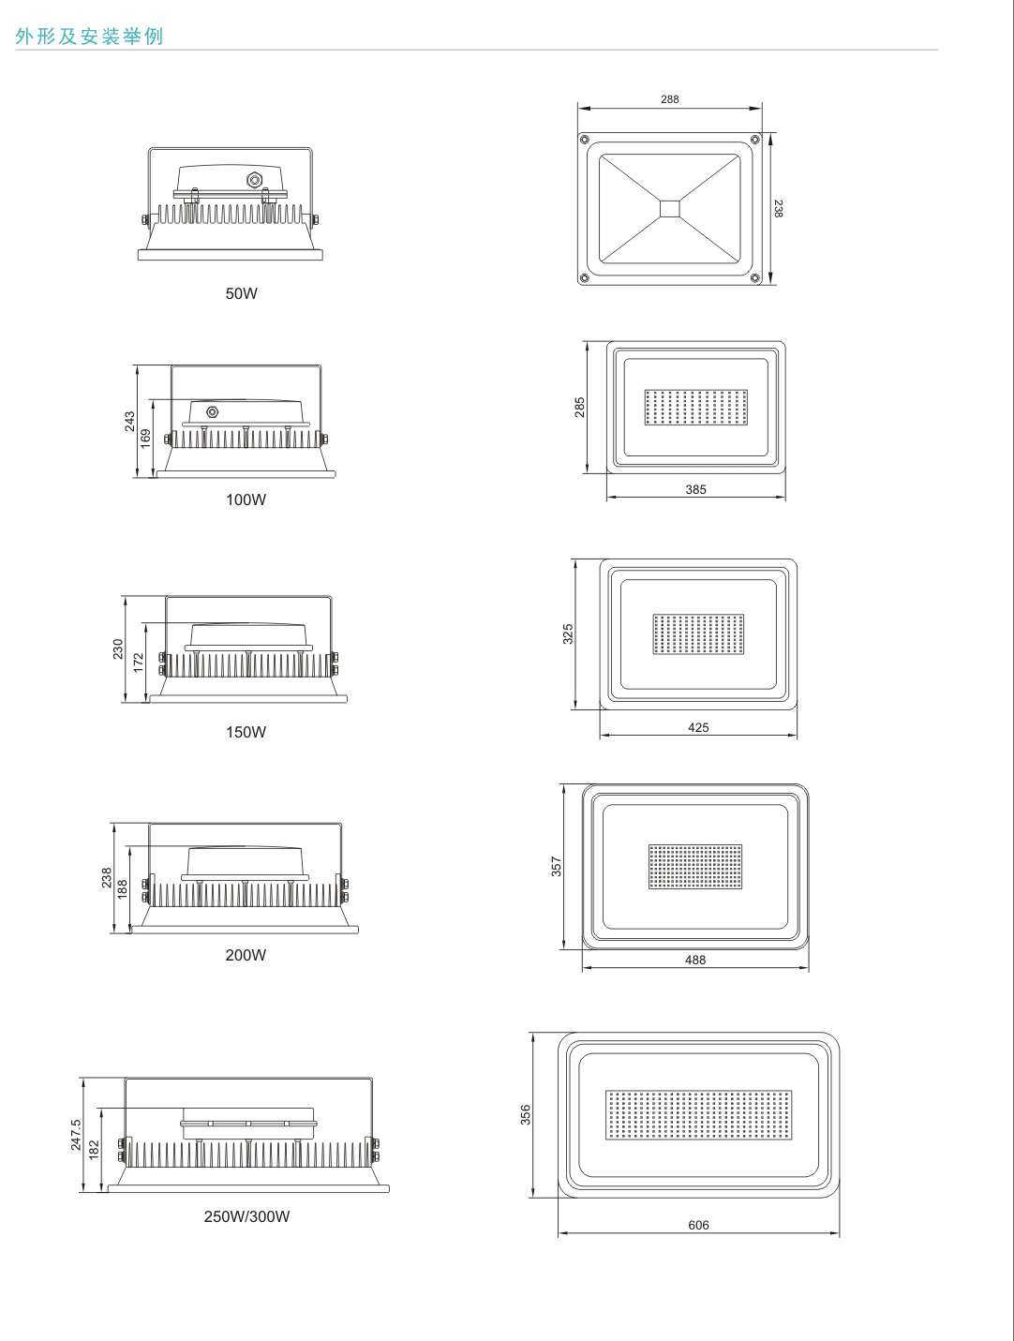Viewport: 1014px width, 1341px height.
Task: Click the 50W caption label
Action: coord(241,293)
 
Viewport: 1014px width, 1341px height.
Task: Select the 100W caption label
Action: coord(246,499)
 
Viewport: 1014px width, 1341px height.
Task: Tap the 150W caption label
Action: coord(246,732)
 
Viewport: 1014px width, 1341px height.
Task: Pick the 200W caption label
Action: coord(246,955)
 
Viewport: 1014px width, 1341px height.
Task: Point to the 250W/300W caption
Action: coord(246,1216)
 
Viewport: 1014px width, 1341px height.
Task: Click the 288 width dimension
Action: coord(669,99)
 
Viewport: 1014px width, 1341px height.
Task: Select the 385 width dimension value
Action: coord(695,489)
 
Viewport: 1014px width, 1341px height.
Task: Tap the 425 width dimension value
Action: coord(698,727)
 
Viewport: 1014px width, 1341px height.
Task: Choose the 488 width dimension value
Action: coord(695,960)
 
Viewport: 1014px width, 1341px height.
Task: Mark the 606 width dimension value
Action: coord(698,1225)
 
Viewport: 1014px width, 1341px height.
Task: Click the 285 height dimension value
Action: coord(579,407)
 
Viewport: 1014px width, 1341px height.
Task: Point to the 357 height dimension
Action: coord(556,866)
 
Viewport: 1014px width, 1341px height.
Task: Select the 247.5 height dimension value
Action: coord(75,1135)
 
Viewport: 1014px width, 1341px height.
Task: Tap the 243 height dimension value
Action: coord(129,422)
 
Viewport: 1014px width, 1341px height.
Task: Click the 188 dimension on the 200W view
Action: coord(122,888)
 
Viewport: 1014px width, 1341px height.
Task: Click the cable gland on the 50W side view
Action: coord(253,180)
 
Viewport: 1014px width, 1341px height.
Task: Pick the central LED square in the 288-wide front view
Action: coord(669,209)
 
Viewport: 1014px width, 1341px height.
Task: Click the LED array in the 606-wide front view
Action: coord(699,1115)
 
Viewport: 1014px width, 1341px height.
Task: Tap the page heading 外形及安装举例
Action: coord(89,36)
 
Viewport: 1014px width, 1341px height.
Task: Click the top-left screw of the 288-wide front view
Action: coord(584,139)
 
